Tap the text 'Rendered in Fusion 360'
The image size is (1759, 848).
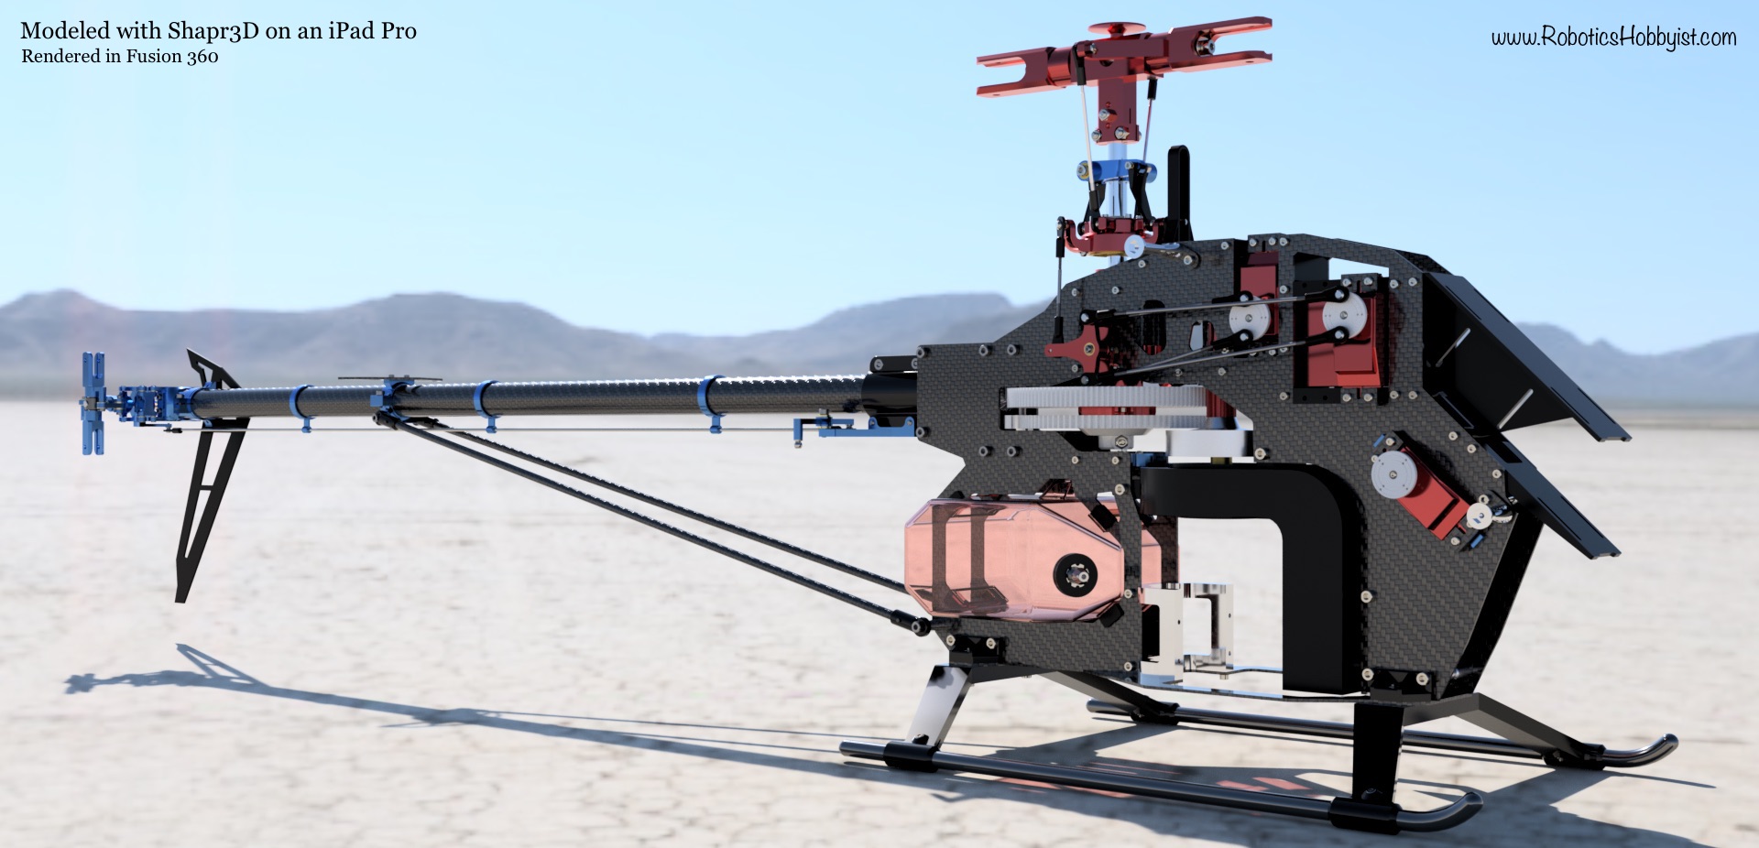pyautogui.click(x=120, y=57)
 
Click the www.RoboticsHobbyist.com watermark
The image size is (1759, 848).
pyautogui.click(x=1613, y=37)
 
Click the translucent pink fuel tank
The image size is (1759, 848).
pyautogui.click(x=1012, y=559)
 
